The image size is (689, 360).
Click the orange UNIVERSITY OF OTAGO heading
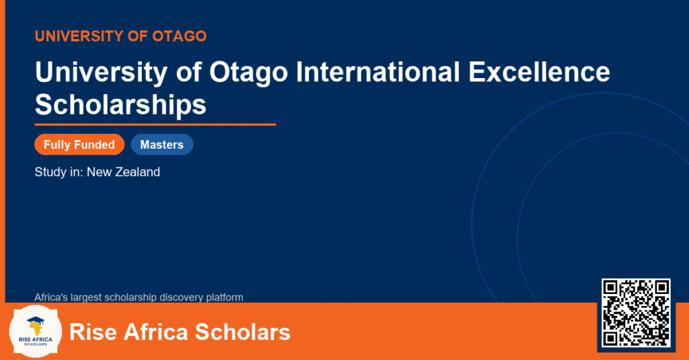[x=120, y=36]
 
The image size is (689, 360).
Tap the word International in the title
[x=378, y=71]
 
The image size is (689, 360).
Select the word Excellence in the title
[x=539, y=71]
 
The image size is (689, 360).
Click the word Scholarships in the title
[x=120, y=104]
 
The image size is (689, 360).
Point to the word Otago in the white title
[x=248, y=73]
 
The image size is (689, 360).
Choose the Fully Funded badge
[x=79, y=145]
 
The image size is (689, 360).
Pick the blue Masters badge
[x=162, y=145]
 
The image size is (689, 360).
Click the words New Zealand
[x=124, y=172]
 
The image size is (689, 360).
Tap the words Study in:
[x=59, y=172]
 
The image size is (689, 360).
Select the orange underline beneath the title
[x=155, y=125]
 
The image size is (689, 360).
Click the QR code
[x=636, y=312]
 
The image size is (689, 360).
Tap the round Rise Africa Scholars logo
[x=36, y=332]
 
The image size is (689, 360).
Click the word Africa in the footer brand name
[x=156, y=332]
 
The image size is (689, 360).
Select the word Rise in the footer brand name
[x=94, y=332]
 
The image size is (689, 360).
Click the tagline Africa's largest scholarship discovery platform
[x=139, y=297]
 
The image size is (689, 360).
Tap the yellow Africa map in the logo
[x=36, y=329]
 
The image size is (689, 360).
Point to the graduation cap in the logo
[x=36, y=321]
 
